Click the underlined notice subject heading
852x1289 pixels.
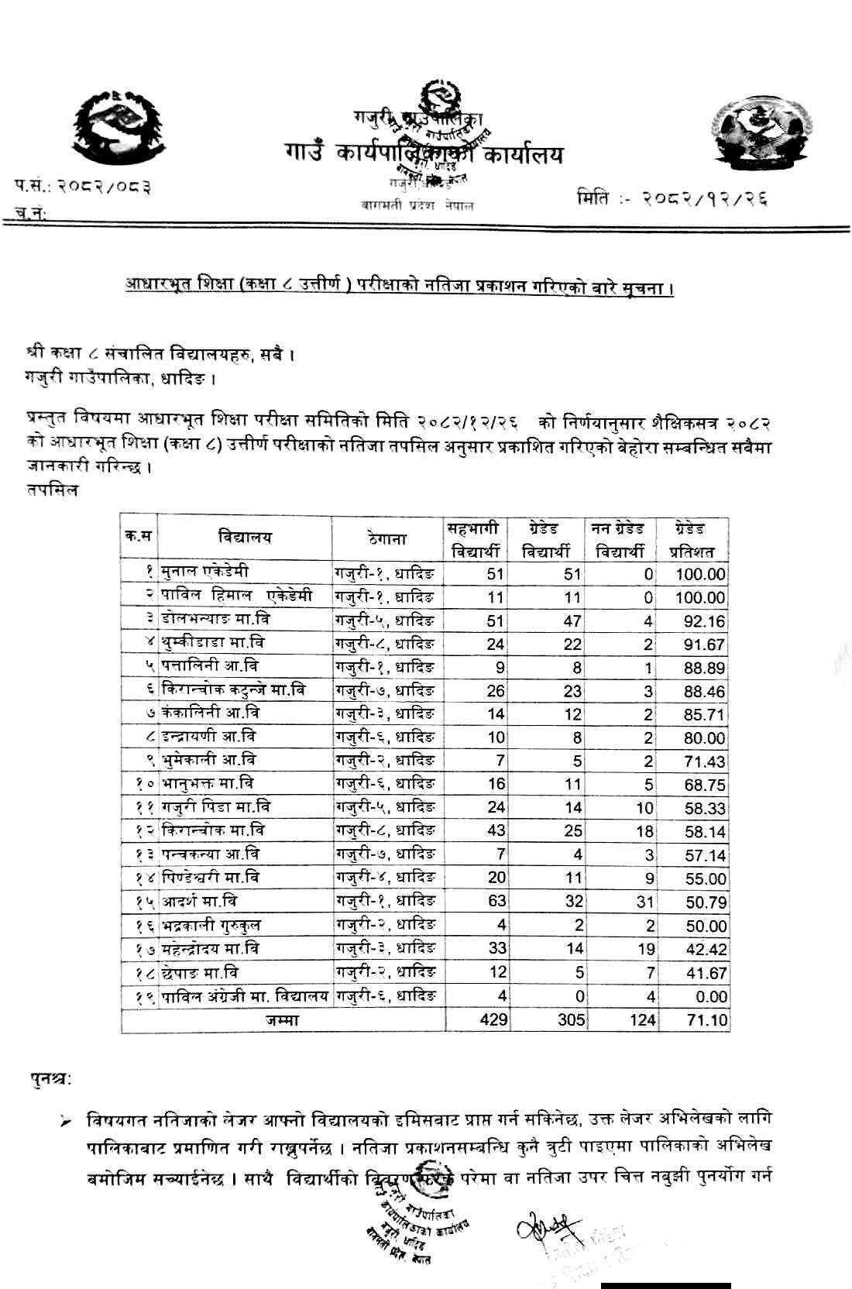[x=398, y=289]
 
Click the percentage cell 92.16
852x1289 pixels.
[x=705, y=621]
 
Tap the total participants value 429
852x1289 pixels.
[x=493, y=1019]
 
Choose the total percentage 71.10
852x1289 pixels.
[x=706, y=1019]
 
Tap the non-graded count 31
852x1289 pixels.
[x=644, y=902]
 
